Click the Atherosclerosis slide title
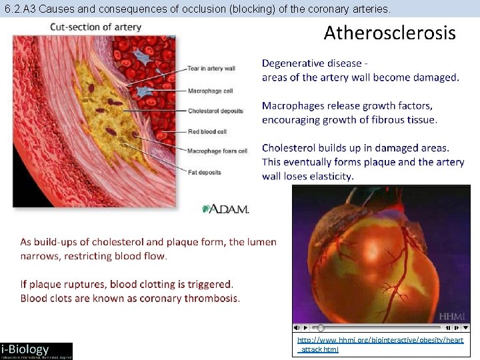click(389, 33)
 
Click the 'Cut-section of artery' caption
click(95, 27)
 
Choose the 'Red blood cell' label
click(207, 131)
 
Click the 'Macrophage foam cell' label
click(217, 151)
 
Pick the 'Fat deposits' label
click(204, 172)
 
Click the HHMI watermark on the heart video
click(452, 316)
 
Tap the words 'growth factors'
click(398, 106)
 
